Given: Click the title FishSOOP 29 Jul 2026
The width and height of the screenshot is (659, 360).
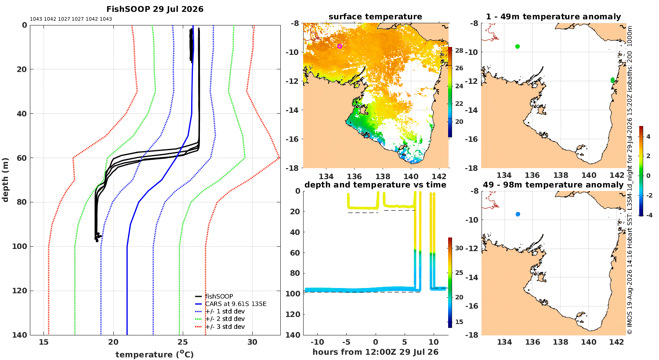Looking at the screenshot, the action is [x=155, y=9].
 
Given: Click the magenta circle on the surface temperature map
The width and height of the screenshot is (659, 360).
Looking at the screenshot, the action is [x=340, y=46].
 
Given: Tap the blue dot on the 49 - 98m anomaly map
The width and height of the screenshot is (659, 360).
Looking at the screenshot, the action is [x=518, y=214].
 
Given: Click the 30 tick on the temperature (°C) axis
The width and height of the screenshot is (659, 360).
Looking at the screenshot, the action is [x=253, y=342].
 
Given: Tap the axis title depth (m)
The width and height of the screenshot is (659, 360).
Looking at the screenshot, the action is [x=5, y=180].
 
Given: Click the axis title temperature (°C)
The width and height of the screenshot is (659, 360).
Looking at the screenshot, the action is [x=155, y=354].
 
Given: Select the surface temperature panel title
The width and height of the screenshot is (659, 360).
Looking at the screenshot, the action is [x=375, y=17].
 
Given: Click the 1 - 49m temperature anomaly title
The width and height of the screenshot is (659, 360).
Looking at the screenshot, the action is [x=554, y=17].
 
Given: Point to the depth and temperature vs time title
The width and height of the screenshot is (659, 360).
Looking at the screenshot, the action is [x=375, y=185].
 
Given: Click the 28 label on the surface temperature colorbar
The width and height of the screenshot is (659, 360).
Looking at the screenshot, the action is [x=459, y=50].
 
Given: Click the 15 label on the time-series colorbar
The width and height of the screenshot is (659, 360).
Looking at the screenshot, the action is [x=459, y=322].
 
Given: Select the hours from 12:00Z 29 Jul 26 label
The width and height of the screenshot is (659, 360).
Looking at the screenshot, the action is [x=375, y=352].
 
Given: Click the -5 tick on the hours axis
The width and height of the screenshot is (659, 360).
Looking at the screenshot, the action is [x=347, y=342].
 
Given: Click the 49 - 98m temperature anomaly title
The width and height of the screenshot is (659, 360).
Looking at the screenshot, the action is [x=554, y=185].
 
